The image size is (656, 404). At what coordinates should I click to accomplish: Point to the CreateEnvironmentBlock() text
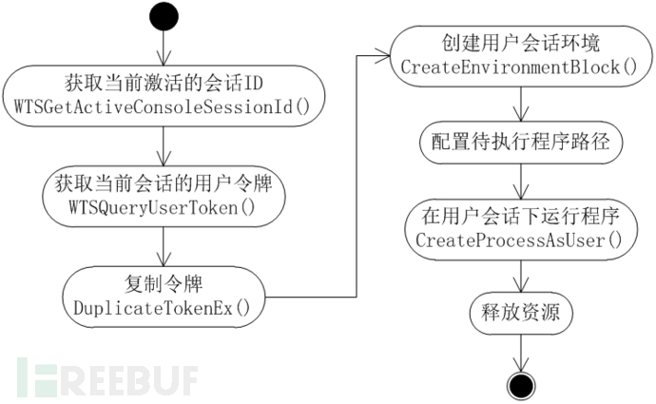click(519, 68)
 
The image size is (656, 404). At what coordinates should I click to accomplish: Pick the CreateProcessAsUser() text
click(519, 240)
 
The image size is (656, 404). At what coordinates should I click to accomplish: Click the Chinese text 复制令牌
click(165, 282)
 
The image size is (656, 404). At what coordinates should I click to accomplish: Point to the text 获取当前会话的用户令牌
click(165, 181)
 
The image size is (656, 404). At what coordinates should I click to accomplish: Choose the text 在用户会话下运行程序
click(519, 219)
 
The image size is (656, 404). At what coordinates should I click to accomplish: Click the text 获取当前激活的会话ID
click(165, 80)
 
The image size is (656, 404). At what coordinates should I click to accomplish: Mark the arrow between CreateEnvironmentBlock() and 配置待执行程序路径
click(519, 103)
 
